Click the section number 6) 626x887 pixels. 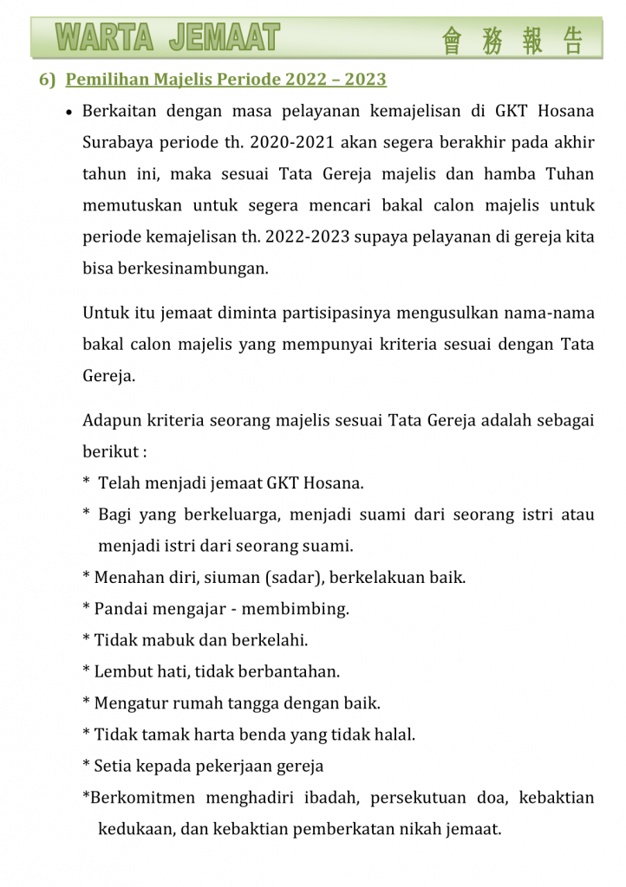47,80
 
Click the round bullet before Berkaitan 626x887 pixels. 68,113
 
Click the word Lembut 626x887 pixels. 123,671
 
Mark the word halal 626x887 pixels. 394,735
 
